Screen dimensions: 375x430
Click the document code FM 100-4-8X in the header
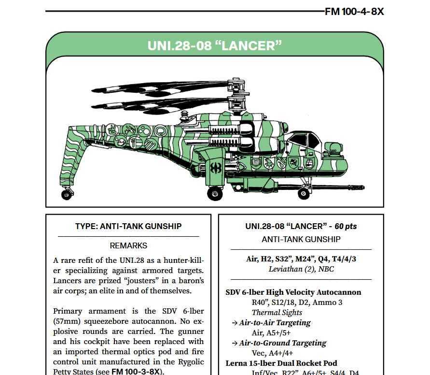coord(354,12)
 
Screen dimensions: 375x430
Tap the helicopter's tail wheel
coord(66,194)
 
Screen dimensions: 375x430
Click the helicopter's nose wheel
coord(304,193)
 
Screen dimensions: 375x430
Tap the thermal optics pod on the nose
coord(333,149)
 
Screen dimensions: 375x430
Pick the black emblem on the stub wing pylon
coord(215,168)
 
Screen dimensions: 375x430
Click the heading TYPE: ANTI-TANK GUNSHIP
coord(128,226)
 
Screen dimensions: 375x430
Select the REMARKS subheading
coord(128,245)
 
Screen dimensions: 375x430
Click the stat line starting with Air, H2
coord(301,259)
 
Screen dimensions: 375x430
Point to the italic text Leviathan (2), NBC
coord(301,269)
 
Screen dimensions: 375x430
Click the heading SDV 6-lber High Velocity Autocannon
coord(293,292)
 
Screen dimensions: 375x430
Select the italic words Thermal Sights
coord(277,312)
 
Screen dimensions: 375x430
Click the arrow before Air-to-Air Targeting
coord(234,323)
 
